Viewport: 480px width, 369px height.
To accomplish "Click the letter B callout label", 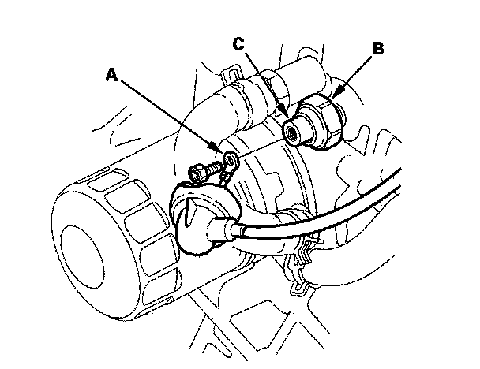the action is click(377, 48).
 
